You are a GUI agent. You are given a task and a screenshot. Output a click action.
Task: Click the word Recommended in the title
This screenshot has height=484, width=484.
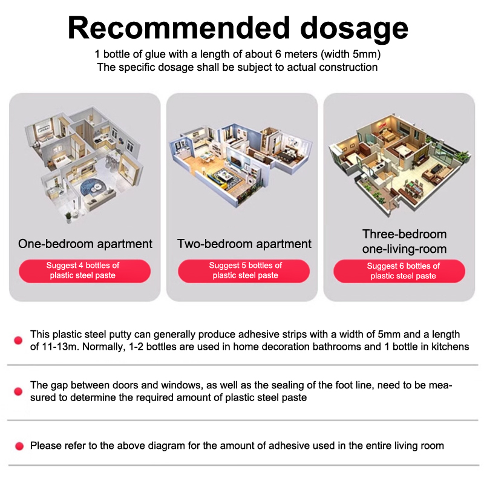point(178,28)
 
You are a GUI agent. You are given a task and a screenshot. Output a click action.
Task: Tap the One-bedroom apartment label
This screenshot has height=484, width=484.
point(85,244)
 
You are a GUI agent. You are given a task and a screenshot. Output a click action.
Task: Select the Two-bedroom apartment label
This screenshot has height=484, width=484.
point(244,244)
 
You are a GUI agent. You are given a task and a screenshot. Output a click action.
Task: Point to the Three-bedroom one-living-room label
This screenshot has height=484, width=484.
point(404,241)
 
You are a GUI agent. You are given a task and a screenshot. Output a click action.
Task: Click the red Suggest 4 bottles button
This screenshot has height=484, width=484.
point(85,270)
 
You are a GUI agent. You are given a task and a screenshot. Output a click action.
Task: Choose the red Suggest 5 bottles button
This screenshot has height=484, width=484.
point(244,270)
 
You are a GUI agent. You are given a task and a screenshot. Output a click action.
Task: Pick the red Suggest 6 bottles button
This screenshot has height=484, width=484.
point(399,271)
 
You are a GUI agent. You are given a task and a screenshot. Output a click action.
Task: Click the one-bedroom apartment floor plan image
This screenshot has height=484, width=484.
point(84,163)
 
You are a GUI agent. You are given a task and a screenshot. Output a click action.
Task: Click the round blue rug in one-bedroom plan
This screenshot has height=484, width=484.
point(93,188)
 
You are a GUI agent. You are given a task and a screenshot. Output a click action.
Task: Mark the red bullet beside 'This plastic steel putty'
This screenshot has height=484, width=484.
point(18,341)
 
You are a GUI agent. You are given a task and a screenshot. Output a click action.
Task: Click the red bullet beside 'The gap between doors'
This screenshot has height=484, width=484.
point(18,391)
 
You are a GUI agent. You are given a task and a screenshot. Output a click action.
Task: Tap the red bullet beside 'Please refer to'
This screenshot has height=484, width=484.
point(19,446)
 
